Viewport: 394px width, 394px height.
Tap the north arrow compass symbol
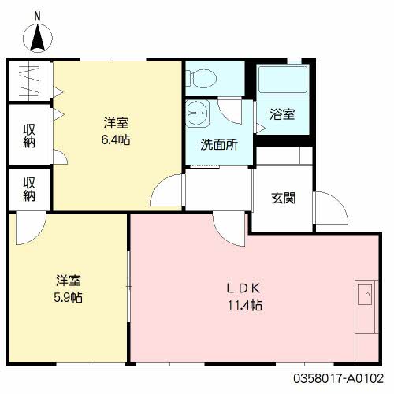tap(39, 37)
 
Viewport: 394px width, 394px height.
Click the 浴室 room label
tap(283, 114)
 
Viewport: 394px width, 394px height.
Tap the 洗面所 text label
tap(214, 145)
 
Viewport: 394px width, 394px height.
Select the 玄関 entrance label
tap(283, 199)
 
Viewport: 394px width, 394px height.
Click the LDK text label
tap(245, 288)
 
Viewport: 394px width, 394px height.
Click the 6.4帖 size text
tap(117, 139)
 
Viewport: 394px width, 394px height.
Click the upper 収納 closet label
tap(29, 135)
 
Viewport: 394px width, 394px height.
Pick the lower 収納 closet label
tap(29, 189)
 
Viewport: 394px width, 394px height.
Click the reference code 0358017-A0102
tap(344, 377)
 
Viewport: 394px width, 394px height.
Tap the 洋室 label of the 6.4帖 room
tap(117, 123)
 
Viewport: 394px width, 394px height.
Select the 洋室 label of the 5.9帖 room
tap(69, 281)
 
